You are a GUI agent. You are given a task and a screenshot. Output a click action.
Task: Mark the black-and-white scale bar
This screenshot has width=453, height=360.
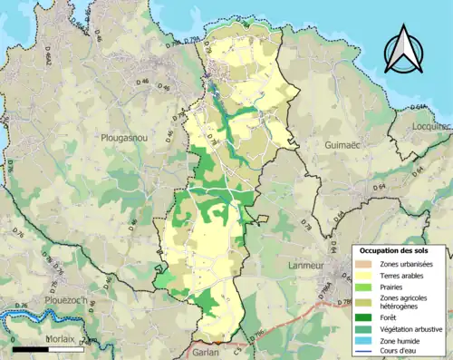tap(48, 346)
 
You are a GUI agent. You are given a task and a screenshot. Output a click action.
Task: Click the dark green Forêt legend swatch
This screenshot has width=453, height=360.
tap(367, 316)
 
